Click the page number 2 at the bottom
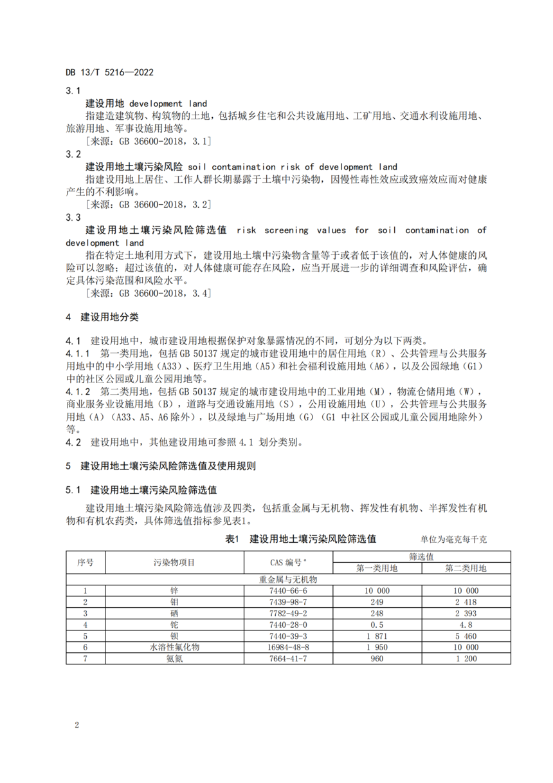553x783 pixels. [x=77, y=726]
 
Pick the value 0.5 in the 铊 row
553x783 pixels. [x=377, y=625]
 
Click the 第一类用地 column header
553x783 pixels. [x=377, y=568]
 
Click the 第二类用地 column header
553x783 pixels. [x=466, y=568]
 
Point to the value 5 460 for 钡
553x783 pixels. [x=466, y=636]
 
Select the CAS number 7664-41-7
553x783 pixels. [x=290, y=659]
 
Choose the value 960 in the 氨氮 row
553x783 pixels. [x=377, y=659]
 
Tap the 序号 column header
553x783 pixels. [x=86, y=562]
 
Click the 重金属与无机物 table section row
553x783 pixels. [x=288, y=580]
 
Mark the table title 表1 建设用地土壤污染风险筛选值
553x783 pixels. [x=301, y=538]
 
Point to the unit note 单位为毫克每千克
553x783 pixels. [x=453, y=540]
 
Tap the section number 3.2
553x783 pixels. [x=73, y=155]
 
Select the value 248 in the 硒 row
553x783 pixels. [x=377, y=613]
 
